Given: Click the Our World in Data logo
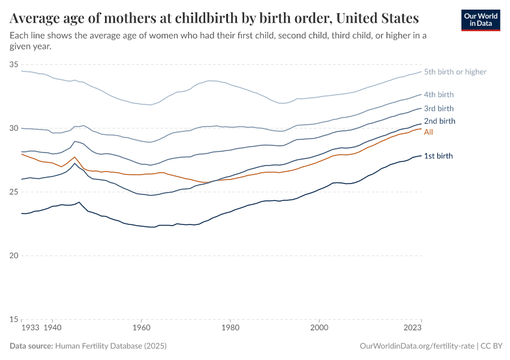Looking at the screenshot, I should coord(480,20).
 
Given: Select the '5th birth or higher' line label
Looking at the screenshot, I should coord(455,72).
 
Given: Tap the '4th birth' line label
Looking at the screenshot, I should coord(439,95).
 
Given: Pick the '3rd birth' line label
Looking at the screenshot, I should coord(439,109).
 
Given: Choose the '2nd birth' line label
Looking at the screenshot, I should coord(439,121).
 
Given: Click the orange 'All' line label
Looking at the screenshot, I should coord(428,132).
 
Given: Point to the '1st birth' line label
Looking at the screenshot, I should coord(438,156).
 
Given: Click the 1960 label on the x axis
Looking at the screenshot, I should coord(141,329).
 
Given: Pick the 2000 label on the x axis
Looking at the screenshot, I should coord(319,329).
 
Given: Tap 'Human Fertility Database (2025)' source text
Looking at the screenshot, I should coord(111,346).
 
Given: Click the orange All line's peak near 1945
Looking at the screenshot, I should coord(74,157).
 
